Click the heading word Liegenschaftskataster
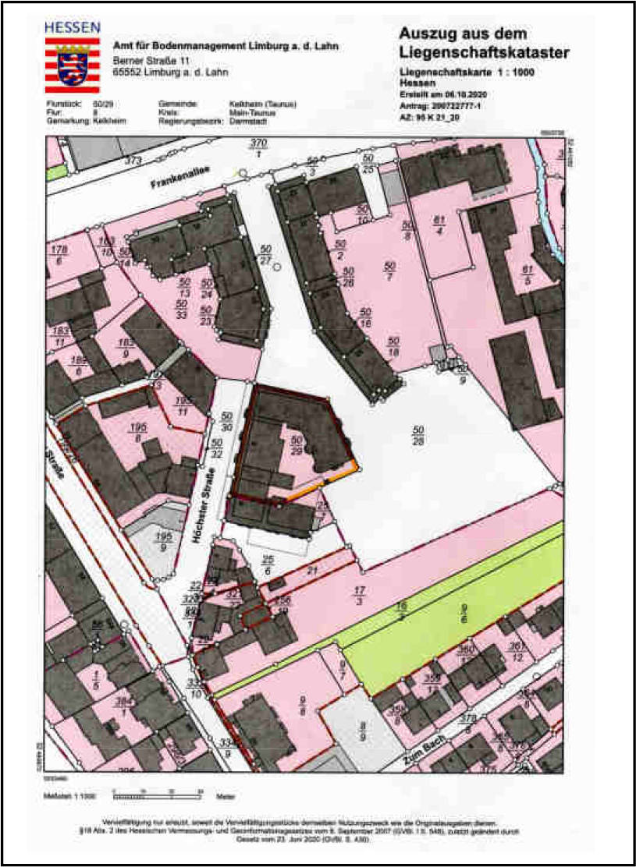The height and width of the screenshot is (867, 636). coord(484,52)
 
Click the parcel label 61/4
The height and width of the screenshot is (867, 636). coord(439,224)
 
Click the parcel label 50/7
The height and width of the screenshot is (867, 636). coord(390,272)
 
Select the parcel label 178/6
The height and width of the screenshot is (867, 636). coord(58,255)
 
